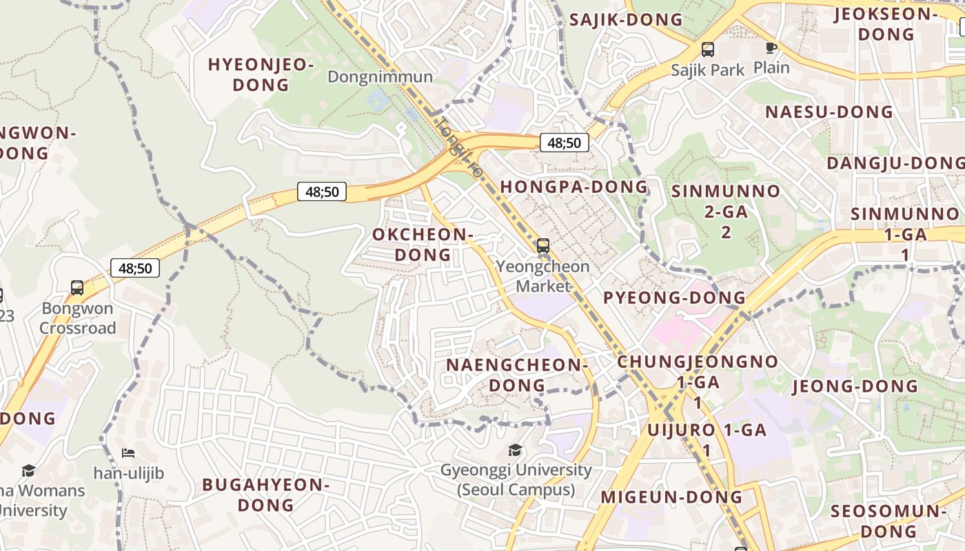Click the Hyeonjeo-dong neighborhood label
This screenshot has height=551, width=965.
[x=261, y=75]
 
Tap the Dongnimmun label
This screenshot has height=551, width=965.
[x=380, y=76]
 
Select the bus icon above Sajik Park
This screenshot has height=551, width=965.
[x=708, y=50]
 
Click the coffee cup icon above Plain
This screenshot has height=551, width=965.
[x=771, y=48]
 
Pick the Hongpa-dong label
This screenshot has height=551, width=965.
[x=573, y=187]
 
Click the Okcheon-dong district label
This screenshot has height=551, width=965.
[x=423, y=245]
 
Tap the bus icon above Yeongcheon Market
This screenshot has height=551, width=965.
[x=543, y=245]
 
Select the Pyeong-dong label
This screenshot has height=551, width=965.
[x=674, y=298]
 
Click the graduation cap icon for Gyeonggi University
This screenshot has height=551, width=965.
[x=515, y=450]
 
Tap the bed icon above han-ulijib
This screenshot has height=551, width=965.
[x=128, y=453]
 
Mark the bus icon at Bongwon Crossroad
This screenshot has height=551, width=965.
[x=77, y=288]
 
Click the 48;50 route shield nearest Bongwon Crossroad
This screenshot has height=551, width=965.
[x=135, y=268]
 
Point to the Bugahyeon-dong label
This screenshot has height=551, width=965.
[x=266, y=495]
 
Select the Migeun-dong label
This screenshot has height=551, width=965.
[x=671, y=497]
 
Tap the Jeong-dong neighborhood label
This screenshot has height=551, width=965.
[x=855, y=386]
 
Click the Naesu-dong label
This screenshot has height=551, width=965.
[x=829, y=112]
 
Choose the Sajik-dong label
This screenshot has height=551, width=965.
[x=625, y=20]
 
